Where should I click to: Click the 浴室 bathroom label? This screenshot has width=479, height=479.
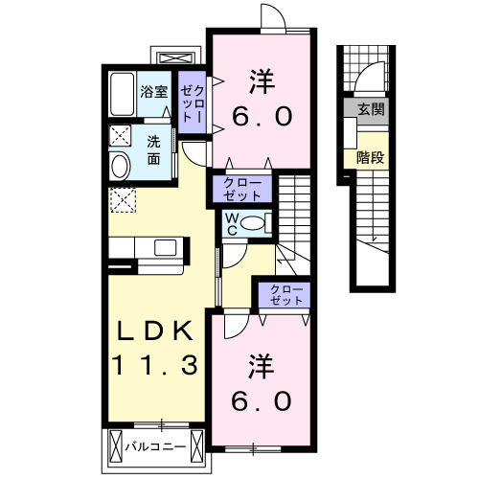pos(153,93)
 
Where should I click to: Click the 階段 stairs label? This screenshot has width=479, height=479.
pos(370,157)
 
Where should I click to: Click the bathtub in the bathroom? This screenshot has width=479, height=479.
pos(122,94)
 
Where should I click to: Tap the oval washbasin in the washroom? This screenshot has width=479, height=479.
pos(121,166)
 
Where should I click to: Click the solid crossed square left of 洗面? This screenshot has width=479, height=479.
pos(121,135)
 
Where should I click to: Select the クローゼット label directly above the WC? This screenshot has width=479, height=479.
pos(242,187)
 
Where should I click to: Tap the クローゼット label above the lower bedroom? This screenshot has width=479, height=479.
pos(282,293)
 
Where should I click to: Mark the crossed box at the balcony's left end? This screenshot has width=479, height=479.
pos(115,445)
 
